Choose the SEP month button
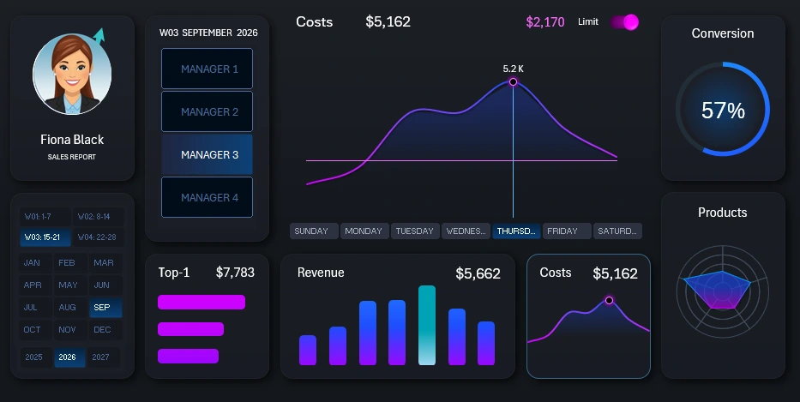pyautogui.click(x=102, y=307)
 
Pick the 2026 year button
pyautogui.click(x=69, y=357)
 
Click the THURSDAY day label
pyautogui.click(x=517, y=231)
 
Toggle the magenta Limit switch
pyautogui.click(x=625, y=22)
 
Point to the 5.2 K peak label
pyautogui.click(x=513, y=69)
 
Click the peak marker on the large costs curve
pyautogui.click(x=513, y=82)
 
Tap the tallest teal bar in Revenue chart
pyautogui.click(x=426, y=325)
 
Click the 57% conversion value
pyautogui.click(x=723, y=110)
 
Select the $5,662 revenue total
pyautogui.click(x=478, y=273)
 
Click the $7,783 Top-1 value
pyautogui.click(x=235, y=273)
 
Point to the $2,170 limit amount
pyautogui.click(x=545, y=22)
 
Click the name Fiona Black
pyautogui.click(x=72, y=139)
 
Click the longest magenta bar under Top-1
pyautogui.click(x=202, y=302)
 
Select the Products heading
pyautogui.click(x=722, y=213)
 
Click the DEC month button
pyautogui.click(x=102, y=330)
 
